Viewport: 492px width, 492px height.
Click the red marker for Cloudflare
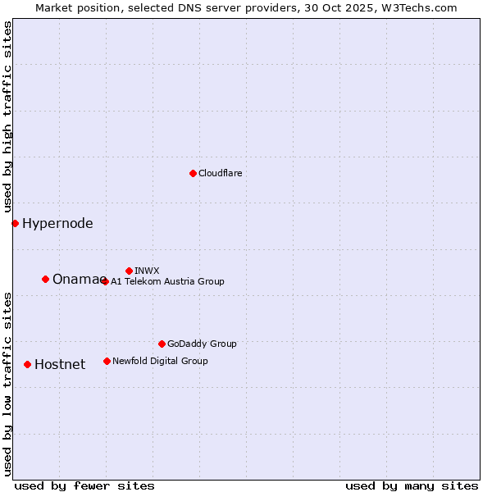pyautogui.click(x=193, y=173)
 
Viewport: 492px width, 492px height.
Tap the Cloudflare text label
pyautogui.click(x=221, y=173)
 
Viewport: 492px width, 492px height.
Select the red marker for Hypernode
pyautogui.click(x=15, y=223)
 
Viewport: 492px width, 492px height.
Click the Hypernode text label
pyautogui.click(x=57, y=223)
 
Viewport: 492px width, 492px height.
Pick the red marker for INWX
pyautogui.click(x=129, y=271)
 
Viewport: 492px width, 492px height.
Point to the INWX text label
pyautogui.click(x=147, y=271)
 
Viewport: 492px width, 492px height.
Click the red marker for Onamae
pyautogui.click(x=45, y=279)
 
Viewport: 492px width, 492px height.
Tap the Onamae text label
pyautogui.click(x=77, y=279)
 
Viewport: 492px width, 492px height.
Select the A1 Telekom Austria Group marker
pyautogui.click(x=105, y=281)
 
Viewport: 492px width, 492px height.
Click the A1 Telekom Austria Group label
pyautogui.click(x=167, y=281)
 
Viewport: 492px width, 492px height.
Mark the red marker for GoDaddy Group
pyautogui.click(x=162, y=344)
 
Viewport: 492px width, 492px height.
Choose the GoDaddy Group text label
pyautogui.click(x=202, y=344)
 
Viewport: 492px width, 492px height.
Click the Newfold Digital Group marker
pyautogui.click(x=107, y=361)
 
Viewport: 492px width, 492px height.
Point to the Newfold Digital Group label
pyautogui.click(x=160, y=361)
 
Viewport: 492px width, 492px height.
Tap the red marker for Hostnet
pyautogui.click(x=27, y=364)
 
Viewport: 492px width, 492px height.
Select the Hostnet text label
pyautogui.click(x=60, y=364)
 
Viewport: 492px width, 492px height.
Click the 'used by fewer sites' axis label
pyautogui.click(x=84, y=485)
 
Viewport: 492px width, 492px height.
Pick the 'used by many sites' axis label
pyautogui.click(x=412, y=485)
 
